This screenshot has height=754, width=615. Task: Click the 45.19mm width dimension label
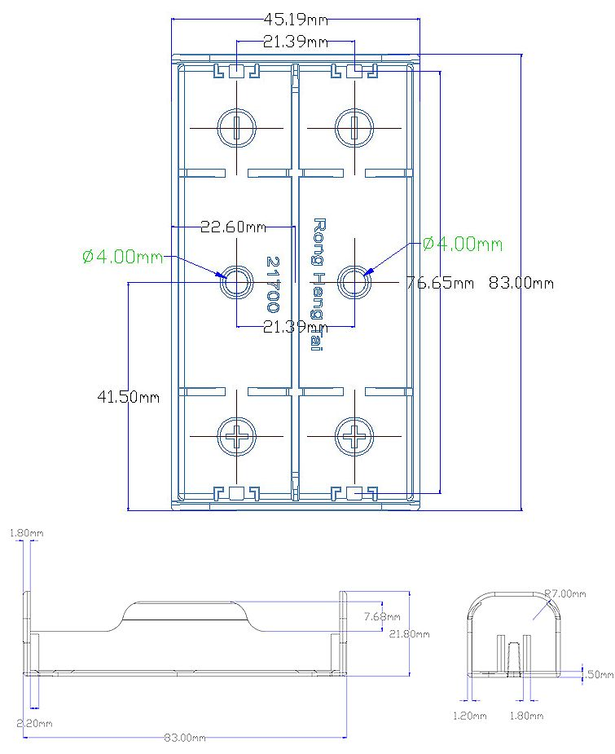(296, 17)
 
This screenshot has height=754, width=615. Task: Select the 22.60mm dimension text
(233, 227)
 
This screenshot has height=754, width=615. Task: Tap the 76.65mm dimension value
(440, 283)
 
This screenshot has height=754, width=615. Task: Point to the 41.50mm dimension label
(128, 397)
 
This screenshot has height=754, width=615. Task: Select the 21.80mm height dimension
(409, 633)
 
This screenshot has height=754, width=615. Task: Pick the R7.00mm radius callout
(564, 593)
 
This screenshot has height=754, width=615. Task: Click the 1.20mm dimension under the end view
(470, 716)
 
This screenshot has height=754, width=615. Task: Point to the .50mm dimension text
(600, 674)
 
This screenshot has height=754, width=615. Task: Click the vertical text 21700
(273, 284)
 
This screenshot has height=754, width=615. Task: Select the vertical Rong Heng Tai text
(318, 284)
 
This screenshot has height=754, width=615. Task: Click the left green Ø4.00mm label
(122, 257)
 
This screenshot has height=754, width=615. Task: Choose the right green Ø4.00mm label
(462, 244)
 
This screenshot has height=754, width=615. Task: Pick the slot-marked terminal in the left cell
(237, 127)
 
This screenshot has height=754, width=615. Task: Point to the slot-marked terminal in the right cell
(355, 127)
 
